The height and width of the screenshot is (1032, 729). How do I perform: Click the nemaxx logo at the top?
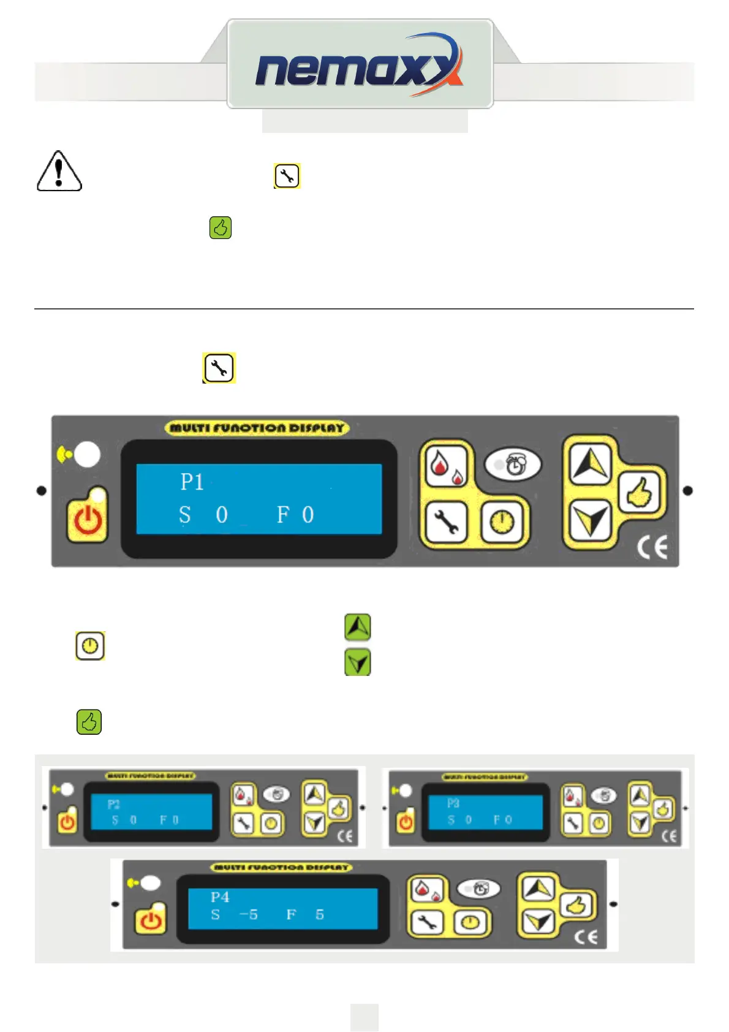point(359,65)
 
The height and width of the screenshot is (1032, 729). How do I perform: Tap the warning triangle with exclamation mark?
point(59,172)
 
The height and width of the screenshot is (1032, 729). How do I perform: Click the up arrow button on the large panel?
point(589,463)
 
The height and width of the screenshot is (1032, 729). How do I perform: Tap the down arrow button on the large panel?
point(589,521)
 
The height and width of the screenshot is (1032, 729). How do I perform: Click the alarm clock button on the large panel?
point(513,465)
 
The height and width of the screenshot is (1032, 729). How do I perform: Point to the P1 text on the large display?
point(192,482)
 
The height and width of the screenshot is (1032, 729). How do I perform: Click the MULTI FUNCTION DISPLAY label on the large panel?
point(257,428)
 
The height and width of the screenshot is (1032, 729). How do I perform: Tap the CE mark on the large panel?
point(652,547)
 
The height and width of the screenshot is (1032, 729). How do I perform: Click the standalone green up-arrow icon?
point(358,627)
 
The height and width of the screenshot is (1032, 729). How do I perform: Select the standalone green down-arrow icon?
point(358,662)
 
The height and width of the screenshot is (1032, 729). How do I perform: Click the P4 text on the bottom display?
point(220,897)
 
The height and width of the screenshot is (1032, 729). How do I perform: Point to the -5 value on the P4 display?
point(248,914)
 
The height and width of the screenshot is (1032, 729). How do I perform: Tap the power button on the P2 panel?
point(67,821)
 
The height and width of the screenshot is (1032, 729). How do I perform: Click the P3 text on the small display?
point(453,803)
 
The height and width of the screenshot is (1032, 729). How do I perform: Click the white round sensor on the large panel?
point(88,454)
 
